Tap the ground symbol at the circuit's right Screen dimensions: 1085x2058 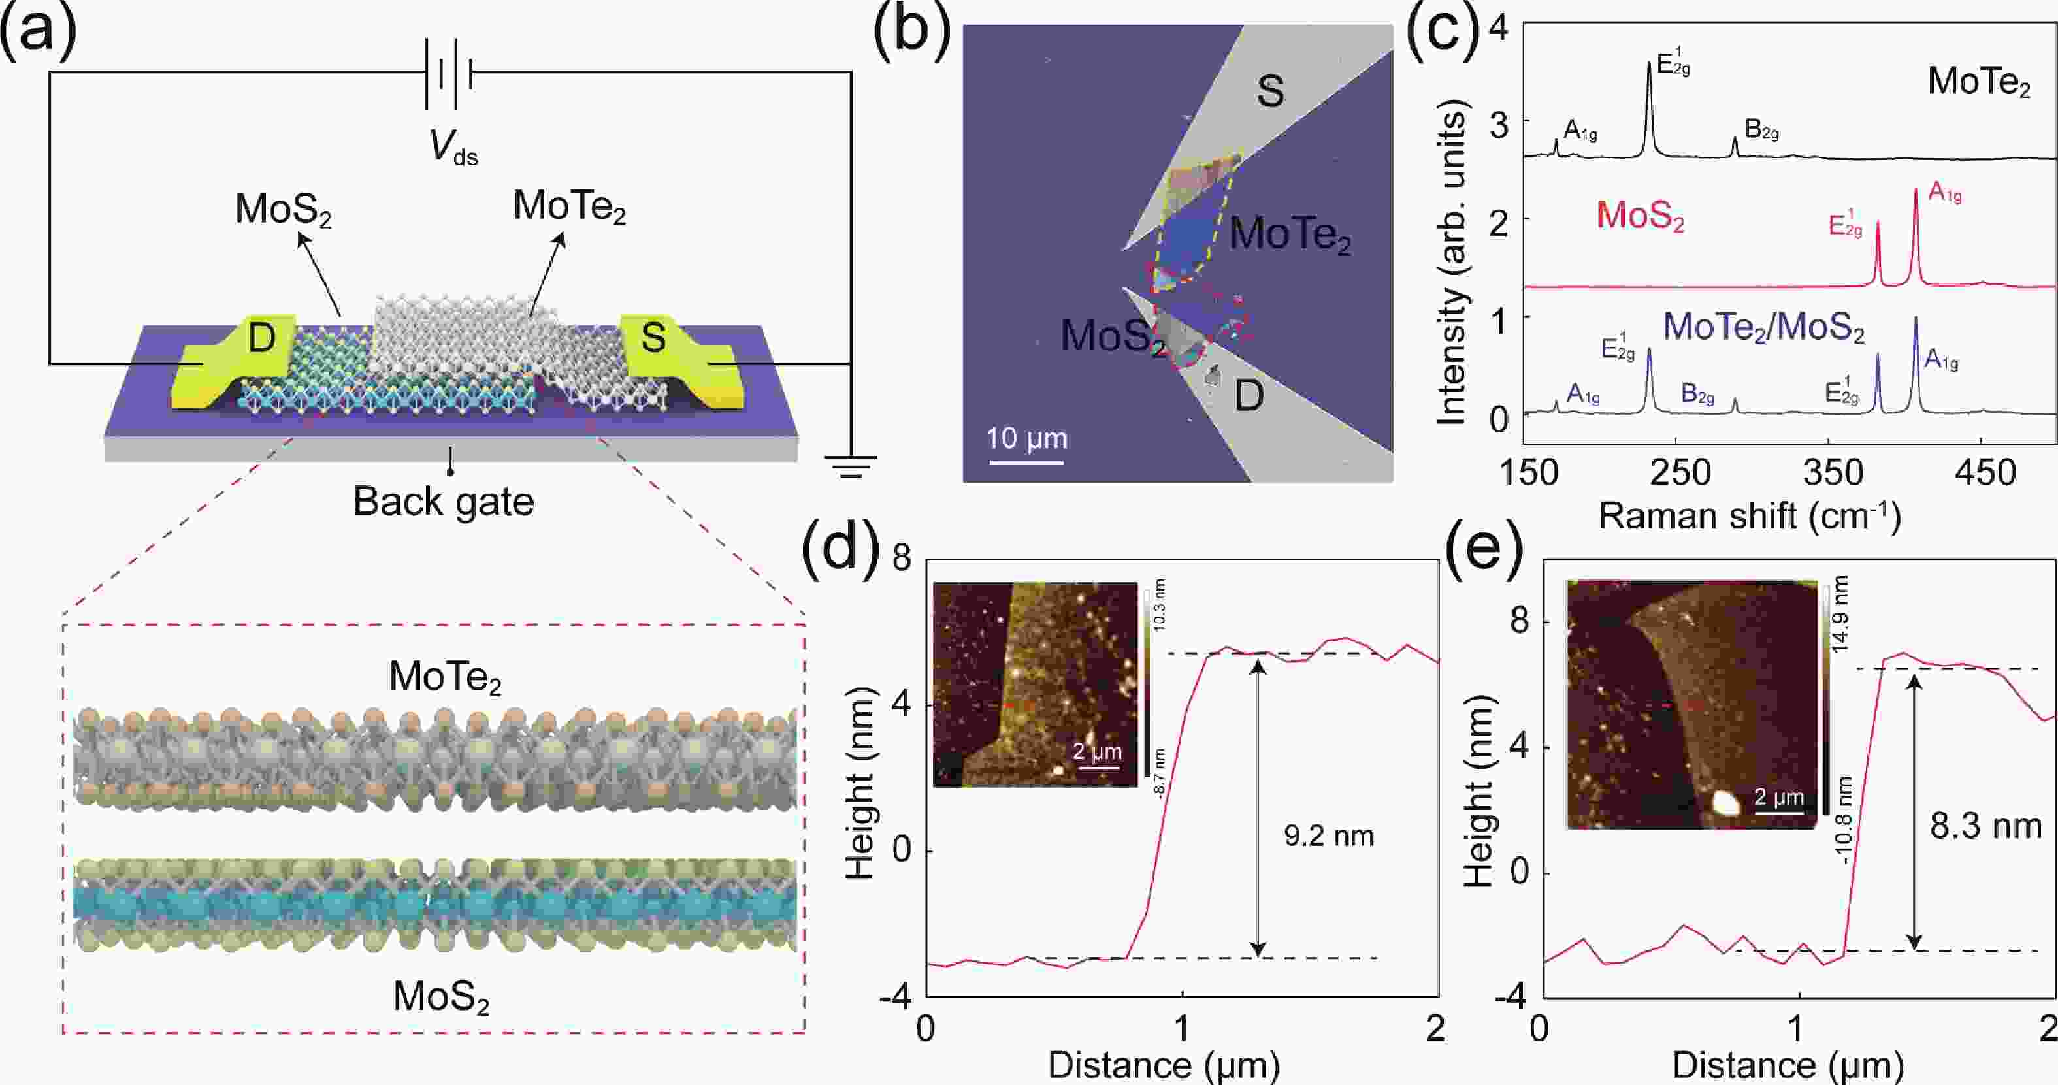tap(850, 466)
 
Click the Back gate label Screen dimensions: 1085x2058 tap(444, 502)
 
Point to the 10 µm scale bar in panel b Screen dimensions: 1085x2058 tap(1026, 461)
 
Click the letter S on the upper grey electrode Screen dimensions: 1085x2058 tap(1270, 90)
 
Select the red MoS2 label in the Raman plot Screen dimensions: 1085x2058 tap(1639, 216)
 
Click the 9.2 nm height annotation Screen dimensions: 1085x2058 tap(1329, 835)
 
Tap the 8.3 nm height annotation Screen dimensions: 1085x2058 tap(1985, 824)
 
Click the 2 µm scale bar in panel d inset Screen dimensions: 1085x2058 tap(1098, 767)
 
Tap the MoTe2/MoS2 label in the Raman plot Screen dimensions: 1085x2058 tap(1763, 327)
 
